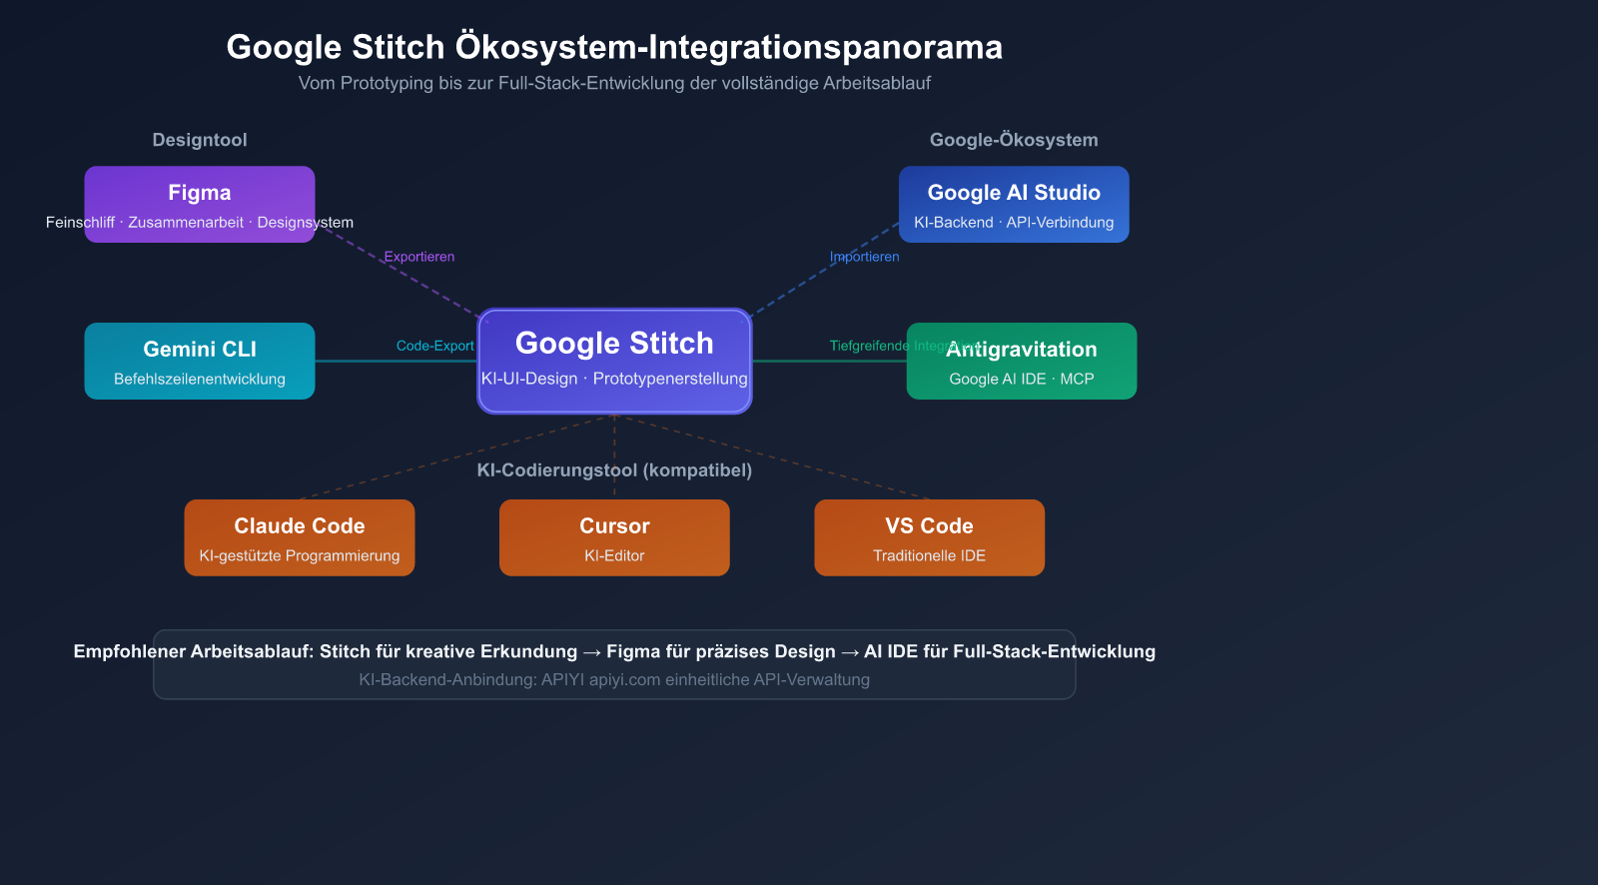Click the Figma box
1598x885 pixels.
[x=200, y=204]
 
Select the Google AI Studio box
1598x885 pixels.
[x=1014, y=204]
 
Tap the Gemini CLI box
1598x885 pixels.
[x=200, y=361]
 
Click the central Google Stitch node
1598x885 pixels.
[x=614, y=361]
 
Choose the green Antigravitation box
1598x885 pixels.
[x=1022, y=361]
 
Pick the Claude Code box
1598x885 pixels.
[x=300, y=537]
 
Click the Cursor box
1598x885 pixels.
[x=614, y=537]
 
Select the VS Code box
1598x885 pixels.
[x=929, y=537]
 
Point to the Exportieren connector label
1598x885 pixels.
[x=419, y=257]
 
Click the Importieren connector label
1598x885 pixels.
[x=865, y=257]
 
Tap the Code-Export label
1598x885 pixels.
[x=434, y=346]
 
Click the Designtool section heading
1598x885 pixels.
[x=200, y=140]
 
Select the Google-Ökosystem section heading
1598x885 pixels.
[x=1014, y=140]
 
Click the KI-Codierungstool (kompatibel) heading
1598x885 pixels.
[x=614, y=469]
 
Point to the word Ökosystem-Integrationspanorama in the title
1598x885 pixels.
[x=729, y=47]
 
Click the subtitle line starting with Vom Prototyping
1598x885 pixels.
[x=614, y=83]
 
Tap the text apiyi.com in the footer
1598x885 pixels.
[x=624, y=679]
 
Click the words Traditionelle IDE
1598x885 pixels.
[x=929, y=555]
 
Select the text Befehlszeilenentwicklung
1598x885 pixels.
[x=200, y=379]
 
